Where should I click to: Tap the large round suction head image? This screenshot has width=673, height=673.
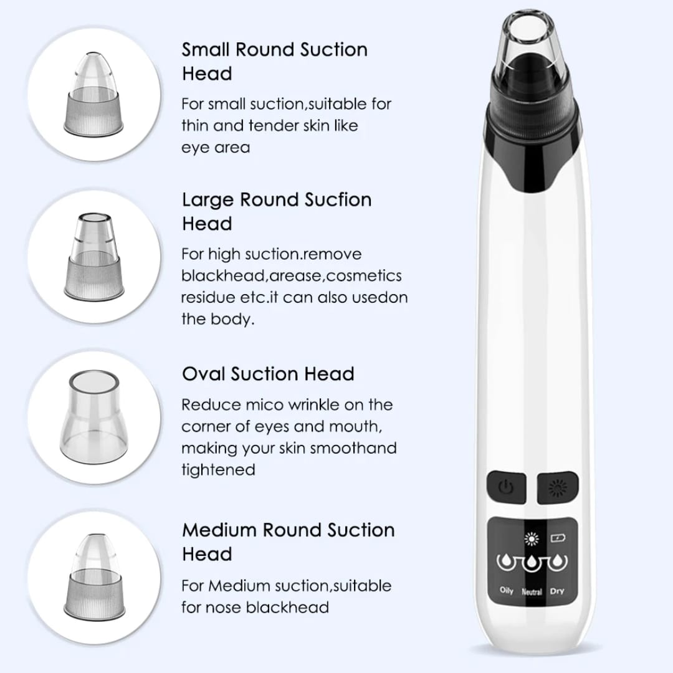point(94,256)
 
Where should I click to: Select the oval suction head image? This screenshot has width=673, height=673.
point(93,416)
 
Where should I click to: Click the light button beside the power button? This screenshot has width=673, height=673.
point(558,488)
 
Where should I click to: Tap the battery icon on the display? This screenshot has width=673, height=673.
point(558,538)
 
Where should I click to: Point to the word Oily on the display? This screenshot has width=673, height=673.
point(507,591)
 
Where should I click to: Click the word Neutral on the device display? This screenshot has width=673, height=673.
point(532,592)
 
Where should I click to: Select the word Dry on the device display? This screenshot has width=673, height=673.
point(556,591)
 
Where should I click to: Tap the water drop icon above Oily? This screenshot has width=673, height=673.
point(507,561)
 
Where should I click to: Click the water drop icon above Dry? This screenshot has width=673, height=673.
point(557,561)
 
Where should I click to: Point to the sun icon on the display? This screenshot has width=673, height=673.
point(532,538)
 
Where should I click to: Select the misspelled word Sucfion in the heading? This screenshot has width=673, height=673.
point(338,199)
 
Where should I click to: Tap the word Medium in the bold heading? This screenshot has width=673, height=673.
point(219,530)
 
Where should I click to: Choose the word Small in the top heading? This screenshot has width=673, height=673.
point(206,50)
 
